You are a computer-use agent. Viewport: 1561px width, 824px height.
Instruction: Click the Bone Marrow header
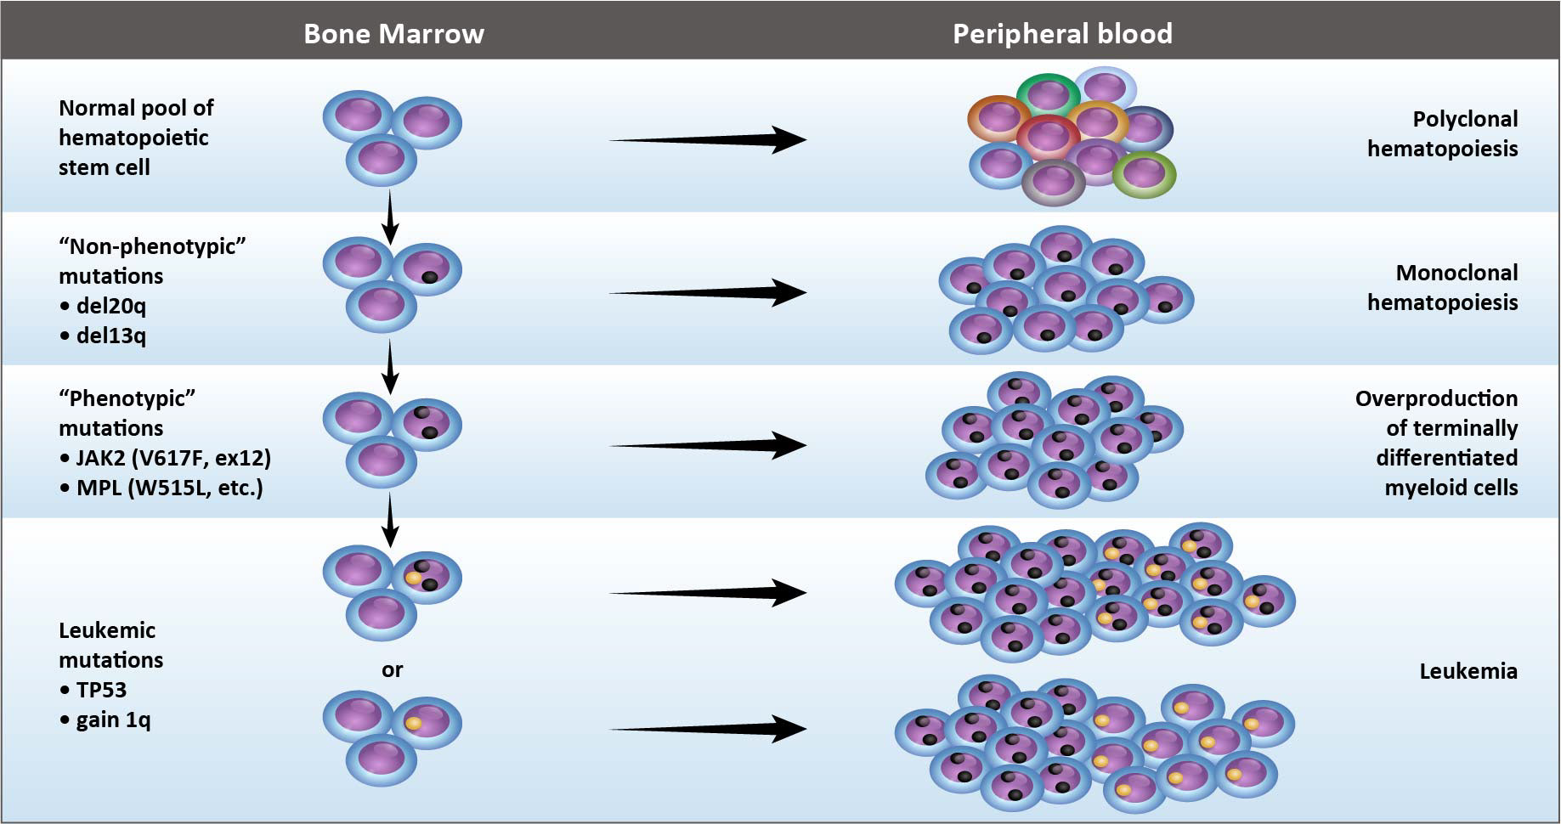(393, 33)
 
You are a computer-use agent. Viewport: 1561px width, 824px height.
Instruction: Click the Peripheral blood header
(1062, 33)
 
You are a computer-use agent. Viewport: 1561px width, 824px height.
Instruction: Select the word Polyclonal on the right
(1465, 119)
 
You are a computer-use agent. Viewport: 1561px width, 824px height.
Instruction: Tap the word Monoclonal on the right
(1456, 273)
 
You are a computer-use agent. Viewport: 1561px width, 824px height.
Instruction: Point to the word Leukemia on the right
(1468, 671)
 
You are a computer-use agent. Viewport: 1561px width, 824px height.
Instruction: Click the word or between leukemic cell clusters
(392, 669)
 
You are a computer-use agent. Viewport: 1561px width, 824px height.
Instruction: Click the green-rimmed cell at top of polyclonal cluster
(1048, 93)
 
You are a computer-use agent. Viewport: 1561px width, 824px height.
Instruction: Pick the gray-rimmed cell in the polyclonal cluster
(1054, 182)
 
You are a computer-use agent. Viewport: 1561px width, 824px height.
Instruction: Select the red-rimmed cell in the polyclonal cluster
(1047, 136)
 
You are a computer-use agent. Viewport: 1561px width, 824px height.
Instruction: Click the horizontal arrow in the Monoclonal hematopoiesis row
(707, 293)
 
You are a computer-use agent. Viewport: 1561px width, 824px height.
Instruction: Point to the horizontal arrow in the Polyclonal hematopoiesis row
(707, 139)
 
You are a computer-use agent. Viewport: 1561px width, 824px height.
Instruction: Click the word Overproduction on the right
(1436, 398)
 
